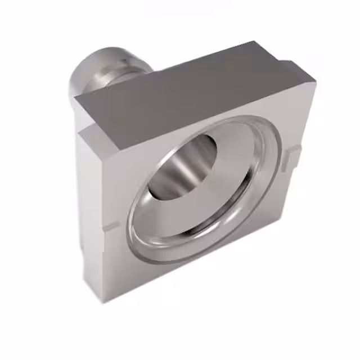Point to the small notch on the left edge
coord(110,228)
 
